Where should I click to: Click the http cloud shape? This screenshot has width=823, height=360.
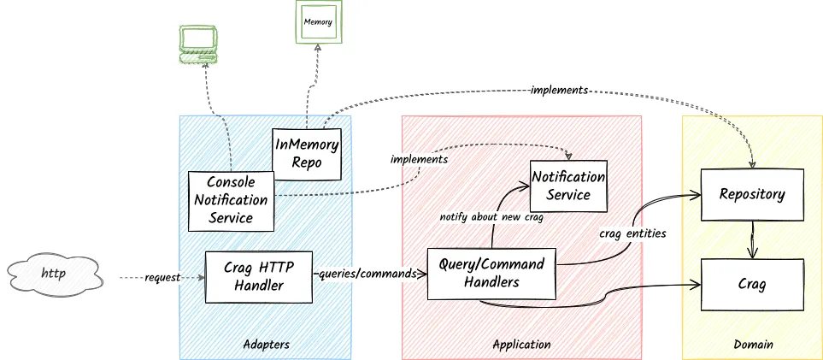point(56,275)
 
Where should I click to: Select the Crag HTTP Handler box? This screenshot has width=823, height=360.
point(259,276)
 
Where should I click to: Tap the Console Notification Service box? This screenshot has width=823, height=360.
point(231,199)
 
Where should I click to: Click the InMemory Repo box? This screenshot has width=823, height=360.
point(306,151)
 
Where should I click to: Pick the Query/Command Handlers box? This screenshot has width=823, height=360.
point(491,274)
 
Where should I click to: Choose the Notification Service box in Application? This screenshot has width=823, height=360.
point(568,186)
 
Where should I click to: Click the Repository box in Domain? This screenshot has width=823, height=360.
point(751,194)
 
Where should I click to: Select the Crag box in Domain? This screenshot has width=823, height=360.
point(751,284)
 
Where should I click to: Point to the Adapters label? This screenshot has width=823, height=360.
point(265,345)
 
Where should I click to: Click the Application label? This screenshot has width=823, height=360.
point(521,345)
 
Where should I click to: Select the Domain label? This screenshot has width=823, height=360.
point(753,345)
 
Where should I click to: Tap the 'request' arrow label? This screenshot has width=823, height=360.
point(162,278)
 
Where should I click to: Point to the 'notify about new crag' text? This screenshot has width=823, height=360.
point(491,216)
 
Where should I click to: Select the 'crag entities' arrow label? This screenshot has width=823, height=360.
point(632,233)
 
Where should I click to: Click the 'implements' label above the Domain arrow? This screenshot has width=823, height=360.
point(559,90)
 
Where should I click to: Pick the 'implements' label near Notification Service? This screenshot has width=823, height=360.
point(419,159)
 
